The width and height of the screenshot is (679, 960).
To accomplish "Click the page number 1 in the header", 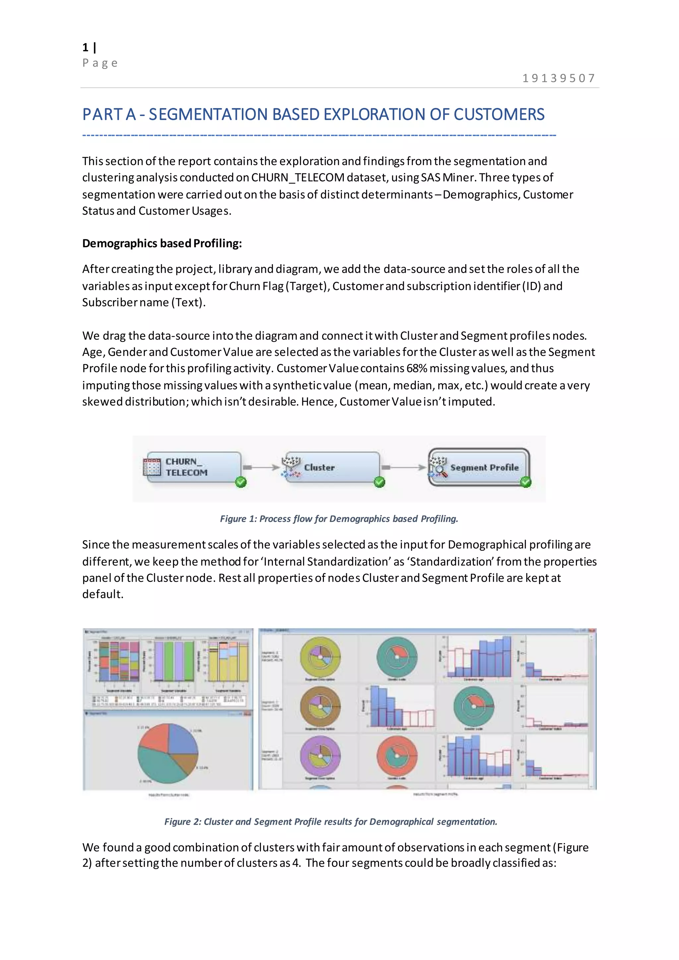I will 85,48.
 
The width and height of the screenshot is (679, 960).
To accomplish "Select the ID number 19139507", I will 559,78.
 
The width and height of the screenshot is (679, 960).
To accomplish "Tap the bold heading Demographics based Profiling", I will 162,243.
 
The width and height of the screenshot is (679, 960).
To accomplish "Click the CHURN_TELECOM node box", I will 194,467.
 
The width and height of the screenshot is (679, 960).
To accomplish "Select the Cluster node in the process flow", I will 333,467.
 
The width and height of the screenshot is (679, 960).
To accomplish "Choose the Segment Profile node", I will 479,467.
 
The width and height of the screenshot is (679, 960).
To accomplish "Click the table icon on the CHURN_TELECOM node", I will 152,467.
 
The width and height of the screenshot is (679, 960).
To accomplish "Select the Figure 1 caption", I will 339,519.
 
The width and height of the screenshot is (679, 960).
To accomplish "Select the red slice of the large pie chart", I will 155,737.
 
